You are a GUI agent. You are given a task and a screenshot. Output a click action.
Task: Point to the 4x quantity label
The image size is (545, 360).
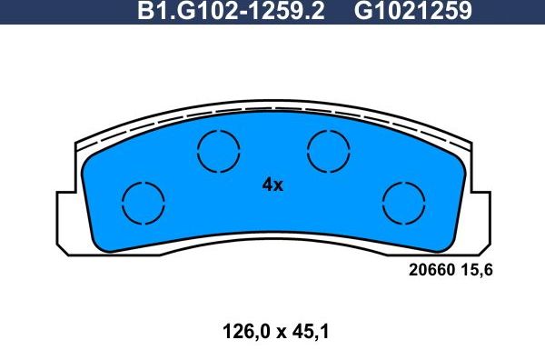click(x=272, y=185)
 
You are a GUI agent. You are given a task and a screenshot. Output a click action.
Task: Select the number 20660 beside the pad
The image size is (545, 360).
click(x=431, y=270)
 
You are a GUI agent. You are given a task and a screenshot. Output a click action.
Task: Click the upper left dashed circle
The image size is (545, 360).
click(x=219, y=150)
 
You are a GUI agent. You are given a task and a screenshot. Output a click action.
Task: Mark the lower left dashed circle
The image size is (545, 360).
click(x=144, y=202)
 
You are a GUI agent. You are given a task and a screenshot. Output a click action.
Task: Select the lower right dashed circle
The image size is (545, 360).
click(x=402, y=202)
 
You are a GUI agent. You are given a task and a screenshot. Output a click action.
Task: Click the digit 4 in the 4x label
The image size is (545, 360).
click(x=267, y=185)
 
